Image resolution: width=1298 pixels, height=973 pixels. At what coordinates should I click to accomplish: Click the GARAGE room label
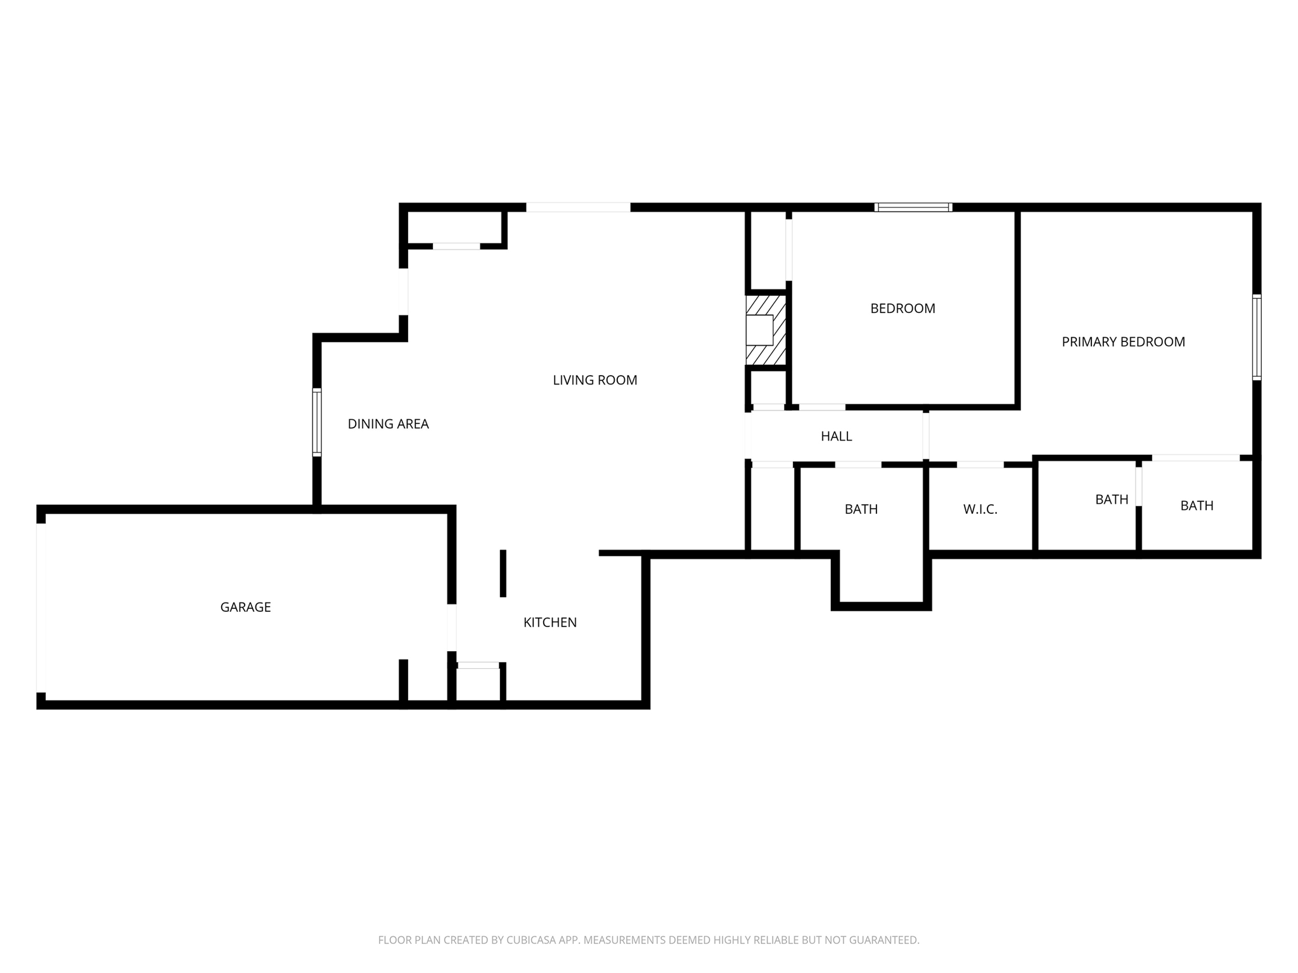245,607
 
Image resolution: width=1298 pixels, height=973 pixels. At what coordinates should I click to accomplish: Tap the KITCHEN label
549,622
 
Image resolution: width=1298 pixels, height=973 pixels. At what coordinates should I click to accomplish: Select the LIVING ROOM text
594,380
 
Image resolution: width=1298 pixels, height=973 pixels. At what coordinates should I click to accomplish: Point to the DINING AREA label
388,424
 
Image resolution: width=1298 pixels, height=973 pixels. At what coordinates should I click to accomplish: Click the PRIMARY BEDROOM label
1123,342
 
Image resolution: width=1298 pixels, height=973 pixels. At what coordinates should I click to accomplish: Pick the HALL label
836,436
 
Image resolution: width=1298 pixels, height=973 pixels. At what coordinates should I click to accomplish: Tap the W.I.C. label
980,509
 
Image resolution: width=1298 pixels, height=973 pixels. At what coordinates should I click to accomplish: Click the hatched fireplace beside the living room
766,330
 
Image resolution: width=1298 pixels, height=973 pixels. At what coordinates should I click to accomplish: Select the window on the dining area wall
317,422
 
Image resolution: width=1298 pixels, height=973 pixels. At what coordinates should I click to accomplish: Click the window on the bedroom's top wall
913,207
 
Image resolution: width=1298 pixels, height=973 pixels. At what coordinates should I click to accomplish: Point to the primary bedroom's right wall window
1257,337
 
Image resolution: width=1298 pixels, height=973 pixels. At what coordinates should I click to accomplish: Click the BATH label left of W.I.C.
861,509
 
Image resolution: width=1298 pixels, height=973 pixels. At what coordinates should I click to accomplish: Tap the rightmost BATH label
1197,506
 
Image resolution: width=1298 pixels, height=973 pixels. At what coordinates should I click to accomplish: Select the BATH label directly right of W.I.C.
1112,499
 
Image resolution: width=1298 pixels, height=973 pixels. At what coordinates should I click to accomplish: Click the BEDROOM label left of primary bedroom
903,308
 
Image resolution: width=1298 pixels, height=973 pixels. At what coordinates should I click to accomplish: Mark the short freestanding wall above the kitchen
503,573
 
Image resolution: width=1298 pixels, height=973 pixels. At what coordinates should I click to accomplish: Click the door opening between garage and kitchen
452,628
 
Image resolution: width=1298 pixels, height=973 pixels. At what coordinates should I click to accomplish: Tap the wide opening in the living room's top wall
578,207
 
